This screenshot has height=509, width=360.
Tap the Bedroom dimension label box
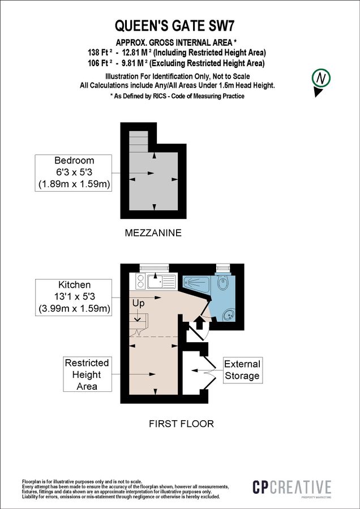coord(74,172)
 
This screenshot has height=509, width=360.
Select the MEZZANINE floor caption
coord(154,232)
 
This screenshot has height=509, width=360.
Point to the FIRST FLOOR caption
coord(181,424)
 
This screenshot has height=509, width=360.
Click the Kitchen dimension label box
coord(74,296)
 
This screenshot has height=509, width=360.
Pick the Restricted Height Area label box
coord(87,374)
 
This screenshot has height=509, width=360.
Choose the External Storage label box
coord(242,370)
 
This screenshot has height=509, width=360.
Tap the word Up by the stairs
coord(138,303)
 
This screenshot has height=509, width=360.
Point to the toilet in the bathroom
coord(223,284)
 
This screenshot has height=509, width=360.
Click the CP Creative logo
coord(292,488)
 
